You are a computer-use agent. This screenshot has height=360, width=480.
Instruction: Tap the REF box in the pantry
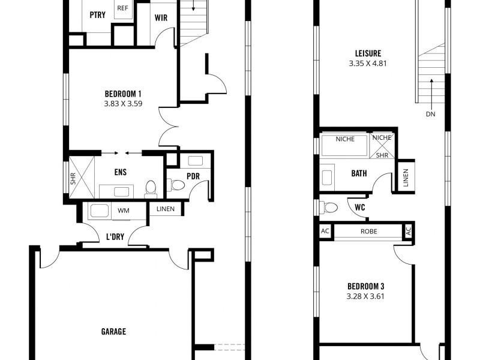(123, 8)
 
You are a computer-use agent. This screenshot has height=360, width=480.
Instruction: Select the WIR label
(161, 17)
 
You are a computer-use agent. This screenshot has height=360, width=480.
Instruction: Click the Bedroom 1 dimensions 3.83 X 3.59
(123, 104)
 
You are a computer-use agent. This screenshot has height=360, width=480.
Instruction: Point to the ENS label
(120, 172)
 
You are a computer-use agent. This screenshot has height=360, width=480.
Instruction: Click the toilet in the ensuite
(151, 188)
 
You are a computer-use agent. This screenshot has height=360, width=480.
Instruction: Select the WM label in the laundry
(123, 211)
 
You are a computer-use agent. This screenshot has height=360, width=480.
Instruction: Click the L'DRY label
(115, 237)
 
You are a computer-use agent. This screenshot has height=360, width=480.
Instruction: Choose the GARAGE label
(113, 331)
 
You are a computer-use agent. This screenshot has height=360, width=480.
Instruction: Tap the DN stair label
(431, 113)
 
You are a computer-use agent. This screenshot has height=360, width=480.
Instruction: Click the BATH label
(359, 174)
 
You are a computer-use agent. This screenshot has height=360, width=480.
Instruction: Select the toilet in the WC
(329, 208)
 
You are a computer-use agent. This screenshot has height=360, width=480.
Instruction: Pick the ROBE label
(368, 232)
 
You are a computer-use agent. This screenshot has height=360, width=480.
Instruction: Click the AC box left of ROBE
(325, 232)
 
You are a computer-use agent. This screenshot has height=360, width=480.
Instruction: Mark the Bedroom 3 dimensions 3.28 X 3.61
(365, 296)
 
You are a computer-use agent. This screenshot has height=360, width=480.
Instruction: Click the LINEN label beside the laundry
(166, 209)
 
